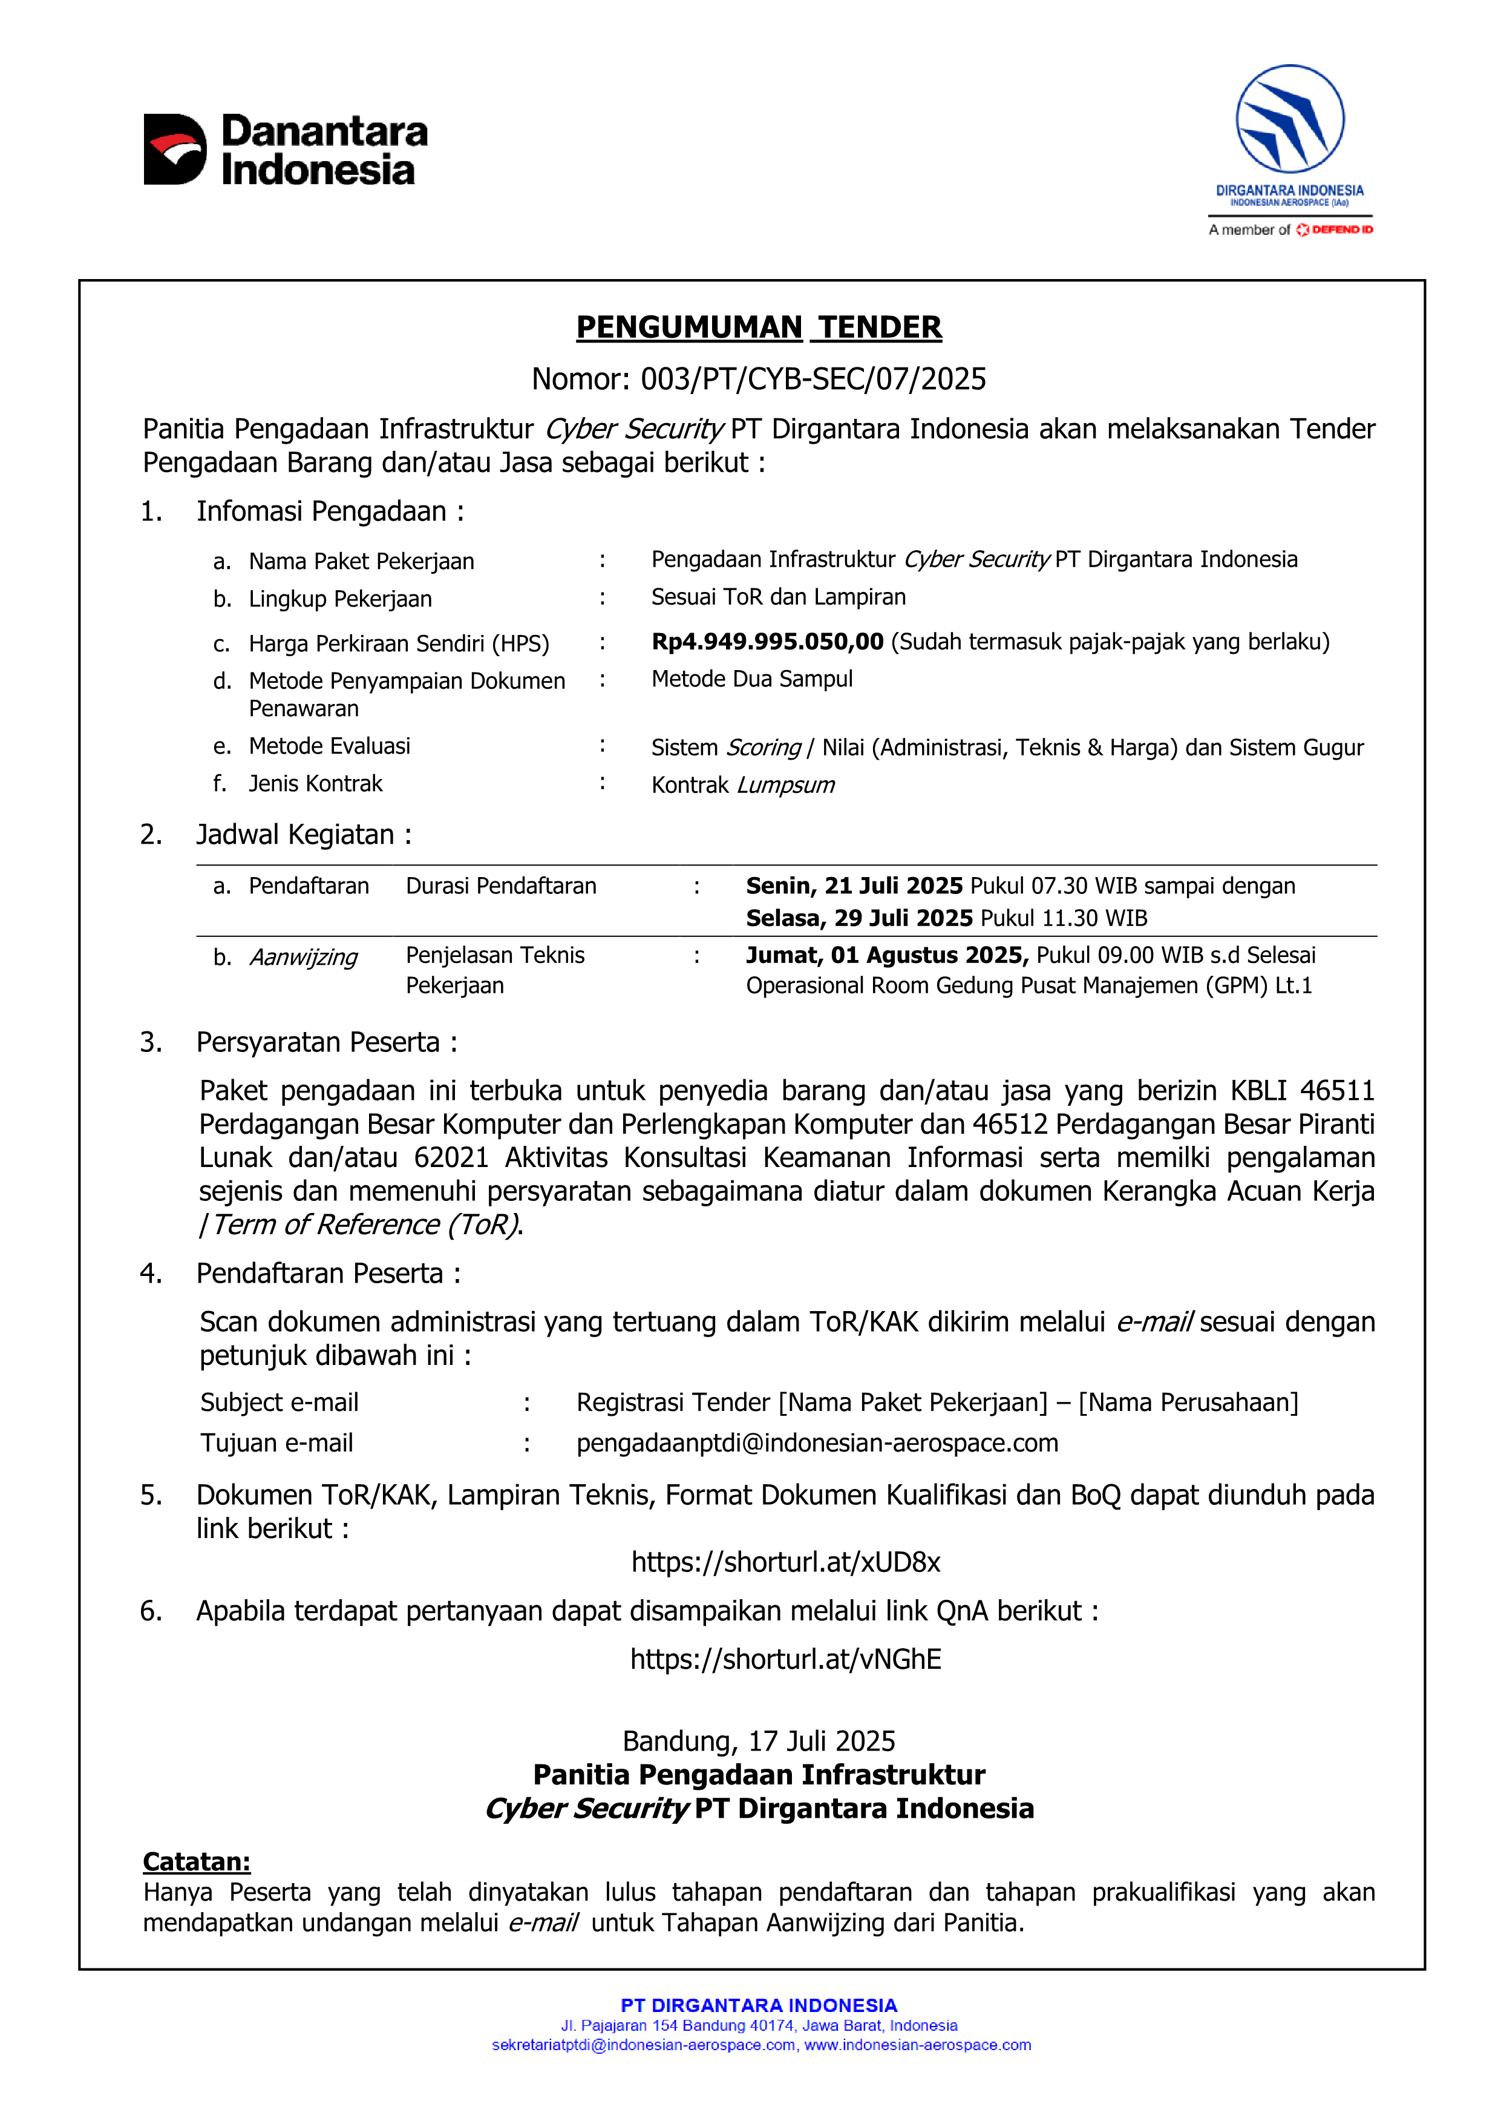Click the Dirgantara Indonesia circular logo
click(x=1289, y=119)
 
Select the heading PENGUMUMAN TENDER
click(x=758, y=327)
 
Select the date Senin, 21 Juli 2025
click(x=854, y=886)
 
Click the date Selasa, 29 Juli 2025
click(x=859, y=919)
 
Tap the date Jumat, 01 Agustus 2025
click(x=887, y=956)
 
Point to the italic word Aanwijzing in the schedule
click(x=303, y=958)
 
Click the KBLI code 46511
click(x=1336, y=1091)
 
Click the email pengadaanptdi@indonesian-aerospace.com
click(x=817, y=1443)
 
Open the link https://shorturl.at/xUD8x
click(x=785, y=1562)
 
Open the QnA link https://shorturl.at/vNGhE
click(x=785, y=1660)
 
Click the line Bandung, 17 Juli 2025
click(x=758, y=1742)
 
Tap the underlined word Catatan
click(x=196, y=1862)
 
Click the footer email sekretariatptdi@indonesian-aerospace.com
click(x=643, y=2045)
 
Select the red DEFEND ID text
click(x=1341, y=229)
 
